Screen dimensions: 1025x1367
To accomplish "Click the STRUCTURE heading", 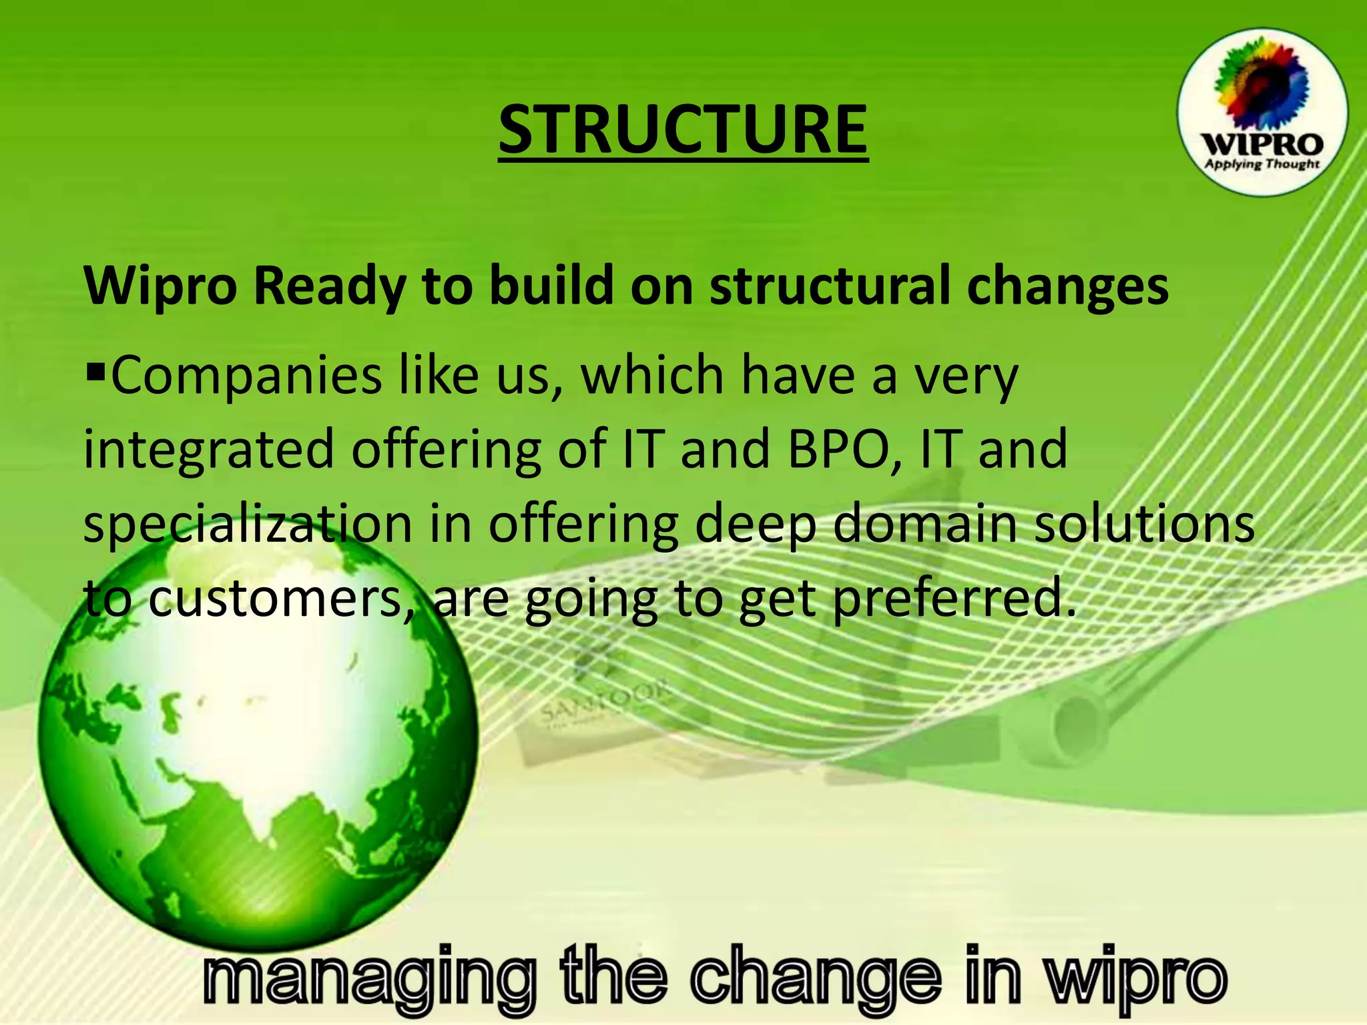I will point(683,130).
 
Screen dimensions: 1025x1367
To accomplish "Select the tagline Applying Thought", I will point(1262,164).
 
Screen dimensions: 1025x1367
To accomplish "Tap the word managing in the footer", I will point(368,978).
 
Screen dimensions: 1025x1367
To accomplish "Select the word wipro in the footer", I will point(1135,978).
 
